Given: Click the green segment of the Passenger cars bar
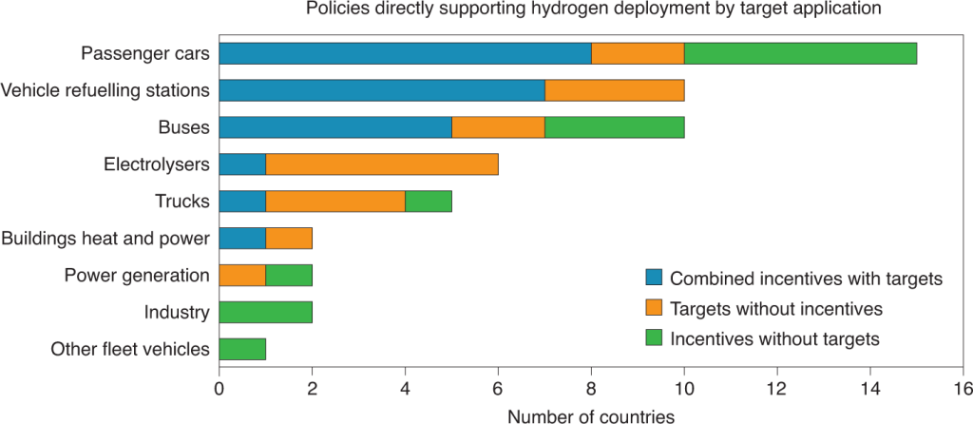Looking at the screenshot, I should coord(800,53).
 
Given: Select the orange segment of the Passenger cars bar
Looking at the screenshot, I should coord(638,53).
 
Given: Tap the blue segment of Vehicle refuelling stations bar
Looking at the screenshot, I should coord(382,90).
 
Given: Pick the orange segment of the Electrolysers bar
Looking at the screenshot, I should coord(382,164).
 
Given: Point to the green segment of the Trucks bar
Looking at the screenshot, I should coord(429,202).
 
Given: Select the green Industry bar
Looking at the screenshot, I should coord(265,312).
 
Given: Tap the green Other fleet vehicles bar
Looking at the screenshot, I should coord(242,349).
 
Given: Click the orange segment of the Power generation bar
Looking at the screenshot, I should coord(242,276).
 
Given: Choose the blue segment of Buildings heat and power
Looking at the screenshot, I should coord(242,239).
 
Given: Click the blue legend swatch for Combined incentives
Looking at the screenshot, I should coord(654,279).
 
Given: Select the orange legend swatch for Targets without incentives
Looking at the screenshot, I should coord(654,308).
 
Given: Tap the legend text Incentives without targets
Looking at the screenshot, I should coord(775,338).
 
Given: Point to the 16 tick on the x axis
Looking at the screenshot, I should coord(963,388).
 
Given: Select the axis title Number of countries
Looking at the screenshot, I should coord(591,415).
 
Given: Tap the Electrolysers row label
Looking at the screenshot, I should coord(156,164).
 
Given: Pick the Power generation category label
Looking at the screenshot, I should coord(137,276).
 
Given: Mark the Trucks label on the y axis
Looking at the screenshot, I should coord(181,202).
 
